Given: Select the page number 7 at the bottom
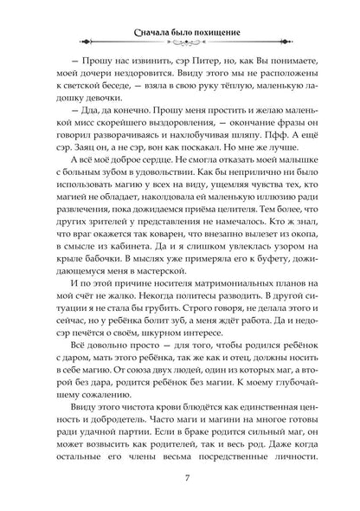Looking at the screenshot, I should click(x=180, y=479).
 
